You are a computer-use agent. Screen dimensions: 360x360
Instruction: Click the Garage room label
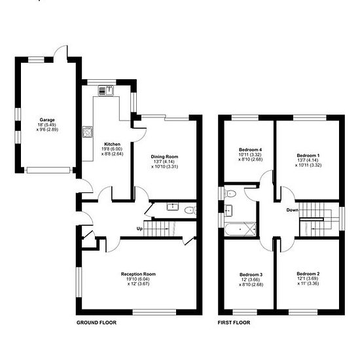[47, 120]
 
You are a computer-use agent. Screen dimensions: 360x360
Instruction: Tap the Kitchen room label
[113, 144]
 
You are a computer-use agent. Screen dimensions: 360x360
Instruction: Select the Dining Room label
[164, 157]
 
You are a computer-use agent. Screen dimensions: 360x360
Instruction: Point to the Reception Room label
[138, 274]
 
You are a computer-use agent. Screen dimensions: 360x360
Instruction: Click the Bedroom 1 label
[308, 155]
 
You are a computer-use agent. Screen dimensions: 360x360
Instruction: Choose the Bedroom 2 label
[308, 274]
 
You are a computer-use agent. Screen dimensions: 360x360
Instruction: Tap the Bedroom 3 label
[251, 275]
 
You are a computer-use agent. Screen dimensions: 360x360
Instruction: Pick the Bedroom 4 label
[250, 150]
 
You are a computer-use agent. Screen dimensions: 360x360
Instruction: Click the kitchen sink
[106, 90]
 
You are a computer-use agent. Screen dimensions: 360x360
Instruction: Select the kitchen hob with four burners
[88, 132]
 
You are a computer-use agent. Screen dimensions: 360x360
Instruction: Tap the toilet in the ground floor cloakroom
[190, 210]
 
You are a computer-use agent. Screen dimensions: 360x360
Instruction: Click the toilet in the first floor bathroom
[230, 194]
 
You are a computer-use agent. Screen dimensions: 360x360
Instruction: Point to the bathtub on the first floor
[240, 229]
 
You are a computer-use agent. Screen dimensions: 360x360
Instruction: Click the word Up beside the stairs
[139, 228]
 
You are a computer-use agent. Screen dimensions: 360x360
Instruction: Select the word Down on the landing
[293, 210]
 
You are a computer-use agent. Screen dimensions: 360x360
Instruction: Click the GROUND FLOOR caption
[96, 323]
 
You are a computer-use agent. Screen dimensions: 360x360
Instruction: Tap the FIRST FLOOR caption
[234, 323]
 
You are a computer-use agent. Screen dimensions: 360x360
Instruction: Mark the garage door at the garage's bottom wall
[48, 170]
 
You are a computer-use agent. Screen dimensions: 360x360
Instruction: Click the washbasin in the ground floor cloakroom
[173, 207]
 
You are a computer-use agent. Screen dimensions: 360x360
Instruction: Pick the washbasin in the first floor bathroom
[228, 211]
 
